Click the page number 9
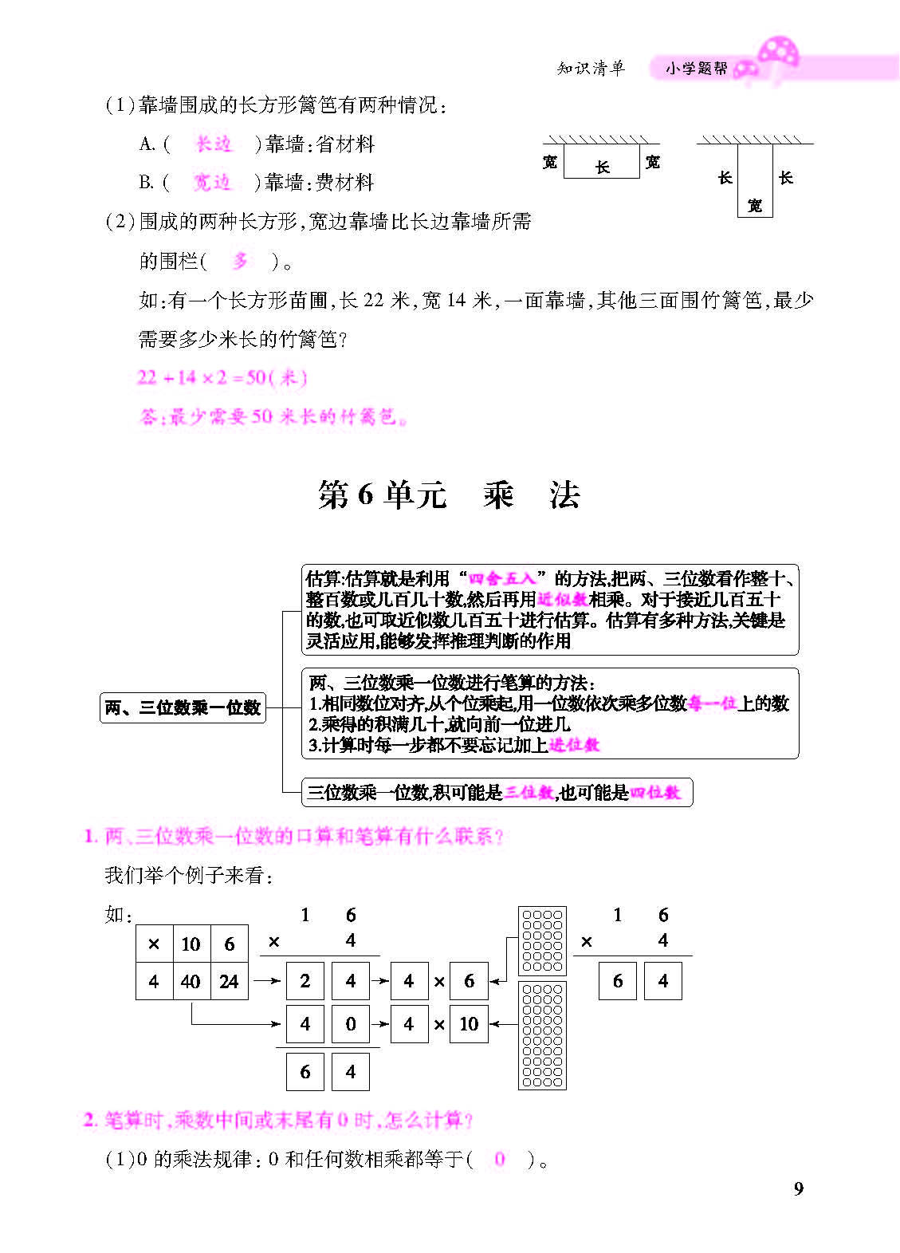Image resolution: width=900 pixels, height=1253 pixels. click(x=799, y=1188)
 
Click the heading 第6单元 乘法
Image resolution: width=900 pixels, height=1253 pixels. click(x=449, y=495)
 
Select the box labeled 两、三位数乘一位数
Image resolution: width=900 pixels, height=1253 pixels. click(x=183, y=707)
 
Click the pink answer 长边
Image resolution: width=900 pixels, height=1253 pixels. click(x=213, y=144)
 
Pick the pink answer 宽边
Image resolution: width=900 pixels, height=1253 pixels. click(x=212, y=183)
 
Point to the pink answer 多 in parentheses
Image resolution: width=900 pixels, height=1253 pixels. click(x=240, y=261)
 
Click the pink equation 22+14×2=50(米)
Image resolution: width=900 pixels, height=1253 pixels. click(x=222, y=378)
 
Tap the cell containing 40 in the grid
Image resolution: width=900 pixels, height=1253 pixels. click(x=191, y=982)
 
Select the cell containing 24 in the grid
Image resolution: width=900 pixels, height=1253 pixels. click(x=229, y=982)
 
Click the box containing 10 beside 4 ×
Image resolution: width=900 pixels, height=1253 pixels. click(x=469, y=1024)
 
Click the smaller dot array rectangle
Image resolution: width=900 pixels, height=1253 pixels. click(x=542, y=941)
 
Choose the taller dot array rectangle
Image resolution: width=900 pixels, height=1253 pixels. click(x=542, y=1035)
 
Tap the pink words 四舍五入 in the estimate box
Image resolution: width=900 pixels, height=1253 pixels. click(x=501, y=579)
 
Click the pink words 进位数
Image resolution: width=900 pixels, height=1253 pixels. click(x=574, y=745)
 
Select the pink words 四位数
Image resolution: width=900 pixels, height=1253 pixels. click(x=655, y=793)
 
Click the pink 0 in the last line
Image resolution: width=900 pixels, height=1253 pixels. click(x=500, y=1159)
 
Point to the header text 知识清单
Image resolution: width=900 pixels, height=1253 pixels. click(x=591, y=69)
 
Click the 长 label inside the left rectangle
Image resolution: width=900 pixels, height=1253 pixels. click(x=603, y=167)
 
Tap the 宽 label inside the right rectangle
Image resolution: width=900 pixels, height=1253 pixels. click(x=755, y=206)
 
